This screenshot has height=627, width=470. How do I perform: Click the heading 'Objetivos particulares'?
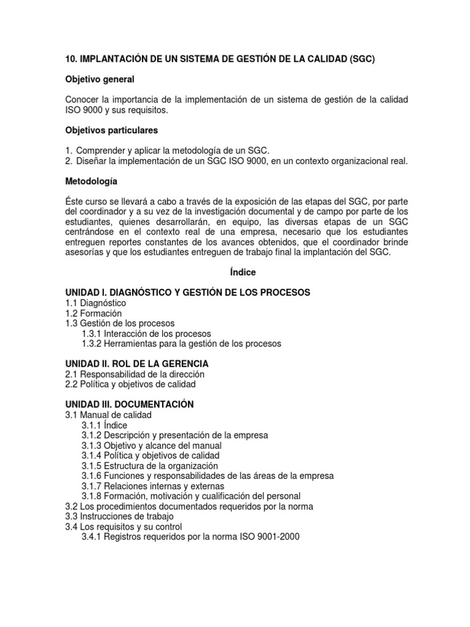111,130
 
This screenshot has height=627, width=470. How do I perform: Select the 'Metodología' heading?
93,182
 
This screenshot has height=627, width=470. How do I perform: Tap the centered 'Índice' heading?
244,272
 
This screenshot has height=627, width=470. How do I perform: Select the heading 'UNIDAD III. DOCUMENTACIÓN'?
129,404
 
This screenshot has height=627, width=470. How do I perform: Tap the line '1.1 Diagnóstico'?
95,303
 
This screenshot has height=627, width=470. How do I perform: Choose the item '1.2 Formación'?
94,313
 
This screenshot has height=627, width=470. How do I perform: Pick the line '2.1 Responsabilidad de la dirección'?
135,374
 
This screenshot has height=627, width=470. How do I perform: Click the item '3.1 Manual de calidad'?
108,415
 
